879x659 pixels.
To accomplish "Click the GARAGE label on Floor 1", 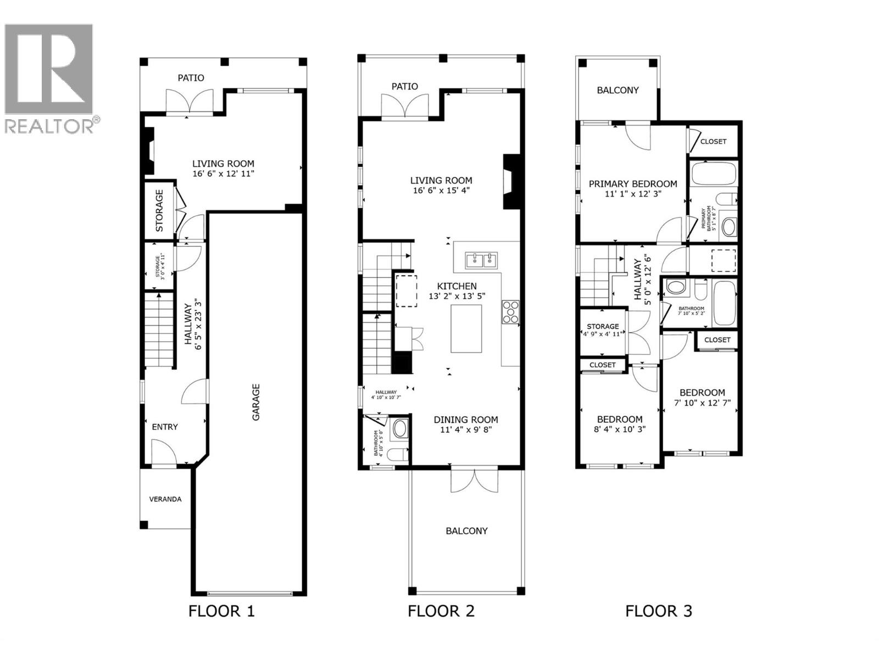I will pyautogui.click(x=256, y=402).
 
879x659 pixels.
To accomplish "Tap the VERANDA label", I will pyautogui.click(x=165, y=499).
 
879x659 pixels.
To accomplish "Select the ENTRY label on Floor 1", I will pyautogui.click(x=165, y=427).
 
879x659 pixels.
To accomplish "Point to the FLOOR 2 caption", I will pyautogui.click(x=441, y=611).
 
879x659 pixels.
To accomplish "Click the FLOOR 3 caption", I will pyautogui.click(x=658, y=611).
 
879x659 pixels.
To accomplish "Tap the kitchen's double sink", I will pyautogui.click(x=481, y=260).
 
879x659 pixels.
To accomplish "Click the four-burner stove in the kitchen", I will pyautogui.click(x=510, y=311).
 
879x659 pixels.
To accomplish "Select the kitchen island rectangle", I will pyautogui.click(x=466, y=328).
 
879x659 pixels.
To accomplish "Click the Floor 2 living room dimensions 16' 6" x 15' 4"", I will pyautogui.click(x=441, y=191).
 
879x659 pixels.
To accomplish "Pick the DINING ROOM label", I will pyautogui.click(x=466, y=420).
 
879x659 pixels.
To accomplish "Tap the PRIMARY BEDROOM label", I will pyautogui.click(x=633, y=184).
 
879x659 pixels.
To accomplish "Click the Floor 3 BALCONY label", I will pyautogui.click(x=617, y=90).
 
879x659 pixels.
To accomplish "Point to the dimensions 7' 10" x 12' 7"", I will pyautogui.click(x=702, y=403).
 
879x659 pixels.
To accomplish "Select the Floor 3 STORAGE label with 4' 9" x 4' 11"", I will pyautogui.click(x=603, y=326).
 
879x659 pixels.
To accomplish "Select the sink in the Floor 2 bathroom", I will pyautogui.click(x=399, y=429).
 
